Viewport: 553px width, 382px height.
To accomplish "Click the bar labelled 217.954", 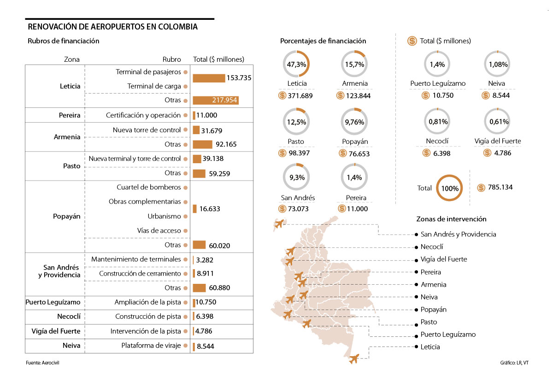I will point(216,100).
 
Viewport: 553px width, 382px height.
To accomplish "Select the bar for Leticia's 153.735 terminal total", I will point(209,78).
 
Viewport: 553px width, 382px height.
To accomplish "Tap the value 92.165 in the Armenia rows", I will point(225,144).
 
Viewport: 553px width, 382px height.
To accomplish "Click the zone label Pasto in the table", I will point(71,166).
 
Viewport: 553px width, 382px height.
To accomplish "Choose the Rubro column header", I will point(171,59).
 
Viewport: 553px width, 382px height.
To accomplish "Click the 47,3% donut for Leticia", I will point(296,64).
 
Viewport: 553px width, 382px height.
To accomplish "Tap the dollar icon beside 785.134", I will point(482,187).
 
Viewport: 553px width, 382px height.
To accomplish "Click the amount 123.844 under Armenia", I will point(358,95).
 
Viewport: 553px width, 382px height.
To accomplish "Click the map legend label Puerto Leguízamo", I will point(448,335).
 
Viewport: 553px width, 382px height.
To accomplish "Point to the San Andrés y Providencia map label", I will point(459,234).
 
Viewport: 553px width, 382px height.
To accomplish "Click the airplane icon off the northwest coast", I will point(278,224).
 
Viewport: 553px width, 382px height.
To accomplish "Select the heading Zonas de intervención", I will point(451,219).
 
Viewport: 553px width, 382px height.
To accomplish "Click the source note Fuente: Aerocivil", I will point(43,363).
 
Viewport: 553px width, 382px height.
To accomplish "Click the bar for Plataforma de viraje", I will point(194,346).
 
